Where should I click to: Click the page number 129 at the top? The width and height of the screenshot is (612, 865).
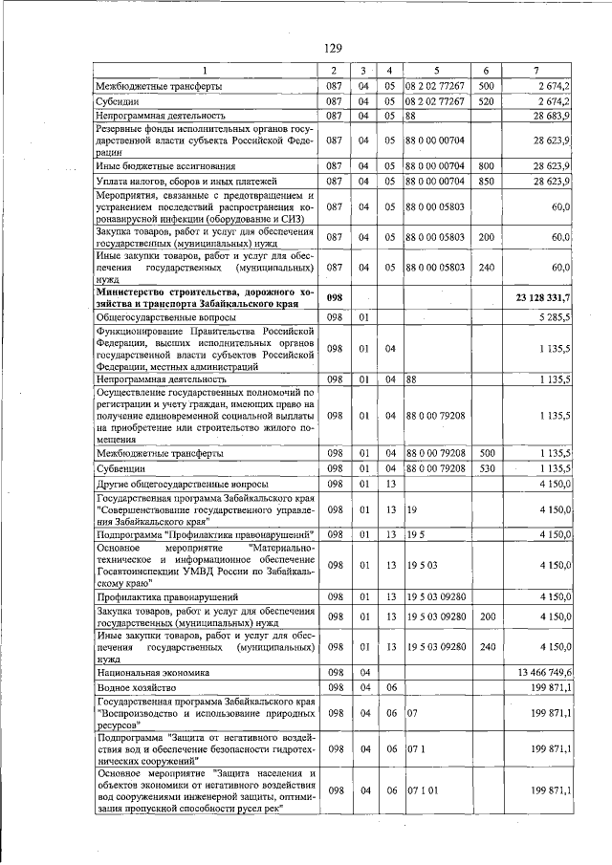tap(332, 48)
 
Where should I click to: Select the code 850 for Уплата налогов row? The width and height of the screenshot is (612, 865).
tap(486, 181)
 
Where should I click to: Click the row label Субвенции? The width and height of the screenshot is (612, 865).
tap(120, 468)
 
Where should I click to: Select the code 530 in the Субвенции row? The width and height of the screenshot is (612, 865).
tap(486, 468)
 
